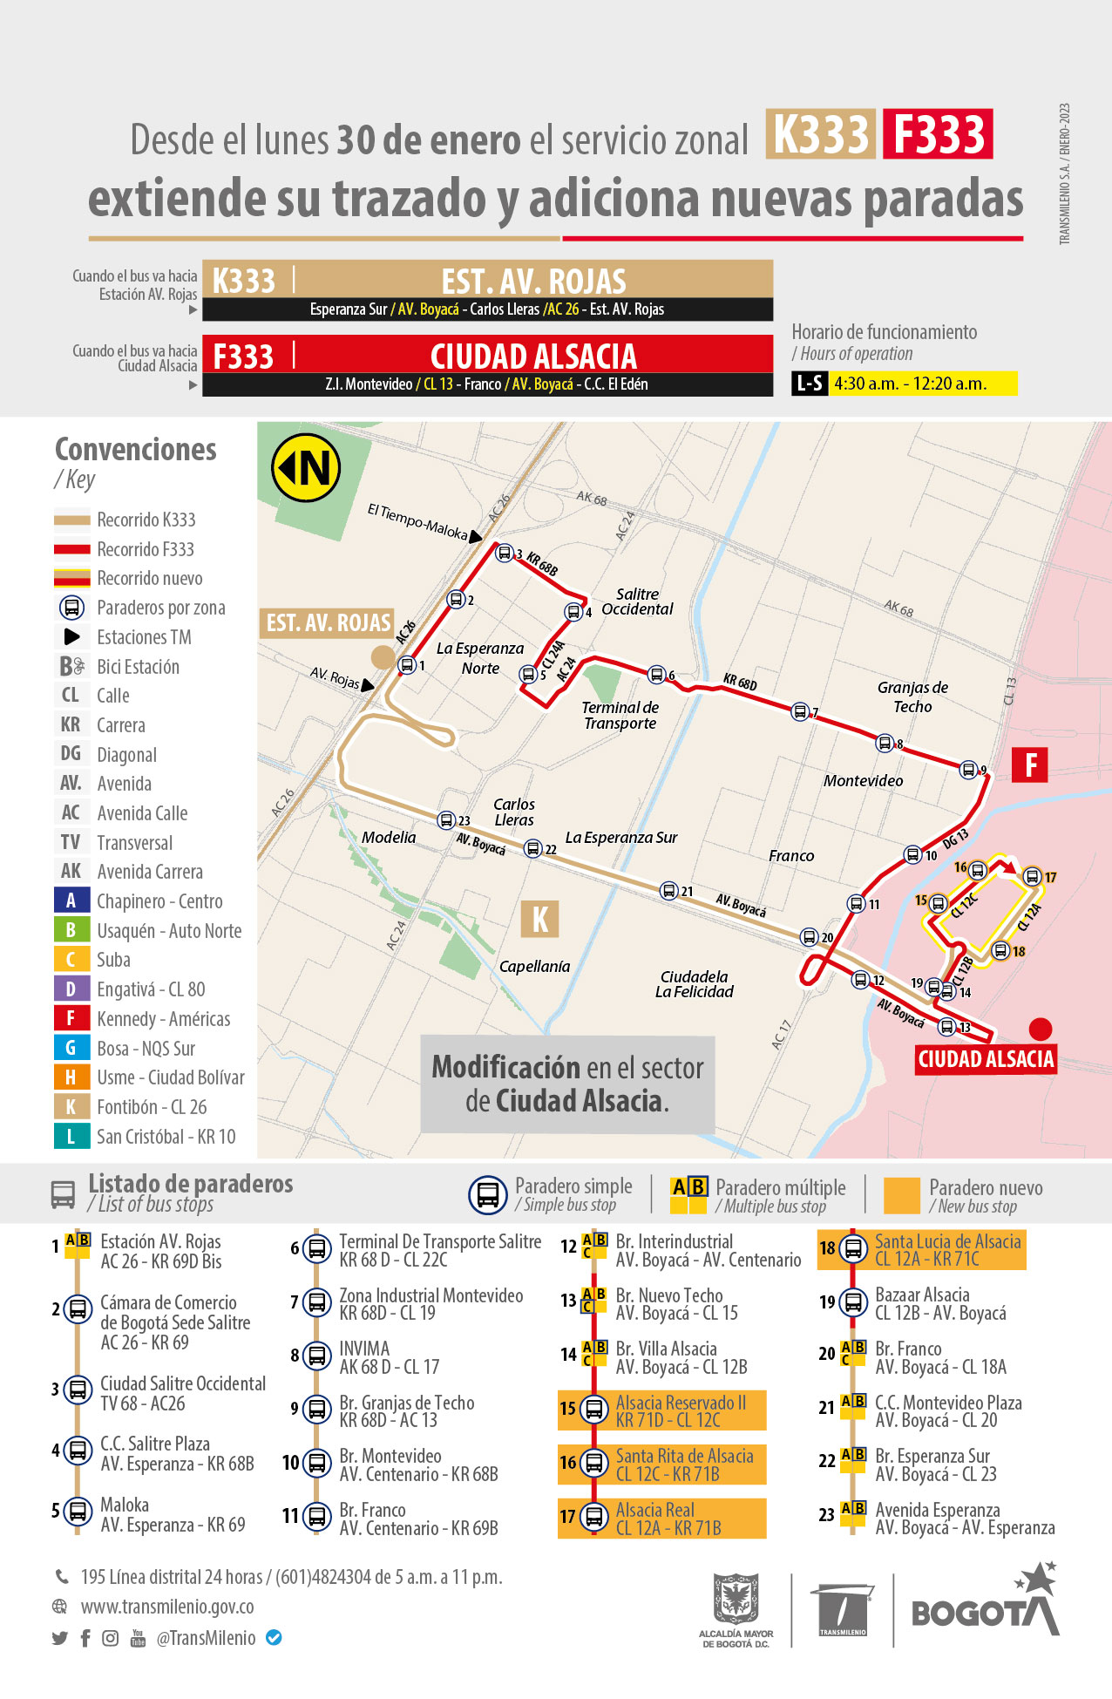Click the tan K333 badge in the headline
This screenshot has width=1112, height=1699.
820,134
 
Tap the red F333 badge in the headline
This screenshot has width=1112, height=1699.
938,134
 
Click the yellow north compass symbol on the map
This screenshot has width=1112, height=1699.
306,468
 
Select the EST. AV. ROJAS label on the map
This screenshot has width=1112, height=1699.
328,622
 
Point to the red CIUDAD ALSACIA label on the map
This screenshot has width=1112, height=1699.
986,1059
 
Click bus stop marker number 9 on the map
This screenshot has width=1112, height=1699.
968,770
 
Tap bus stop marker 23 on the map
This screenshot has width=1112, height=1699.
446,820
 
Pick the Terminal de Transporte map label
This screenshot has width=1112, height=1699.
620,715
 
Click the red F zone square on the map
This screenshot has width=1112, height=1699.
1030,765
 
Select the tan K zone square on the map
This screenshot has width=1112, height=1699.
539,919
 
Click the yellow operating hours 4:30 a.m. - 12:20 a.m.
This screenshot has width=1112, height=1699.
922,384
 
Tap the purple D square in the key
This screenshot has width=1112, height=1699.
71,989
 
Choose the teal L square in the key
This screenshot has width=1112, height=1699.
71,1136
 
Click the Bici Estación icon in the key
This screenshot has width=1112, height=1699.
72,667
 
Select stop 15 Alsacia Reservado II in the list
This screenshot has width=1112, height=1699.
662,1410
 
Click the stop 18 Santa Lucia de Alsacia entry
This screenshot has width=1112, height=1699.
922,1249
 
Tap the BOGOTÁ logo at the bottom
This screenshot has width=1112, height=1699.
985,1606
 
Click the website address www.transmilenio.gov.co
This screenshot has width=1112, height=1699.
167,1607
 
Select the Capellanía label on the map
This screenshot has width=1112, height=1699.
534,967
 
